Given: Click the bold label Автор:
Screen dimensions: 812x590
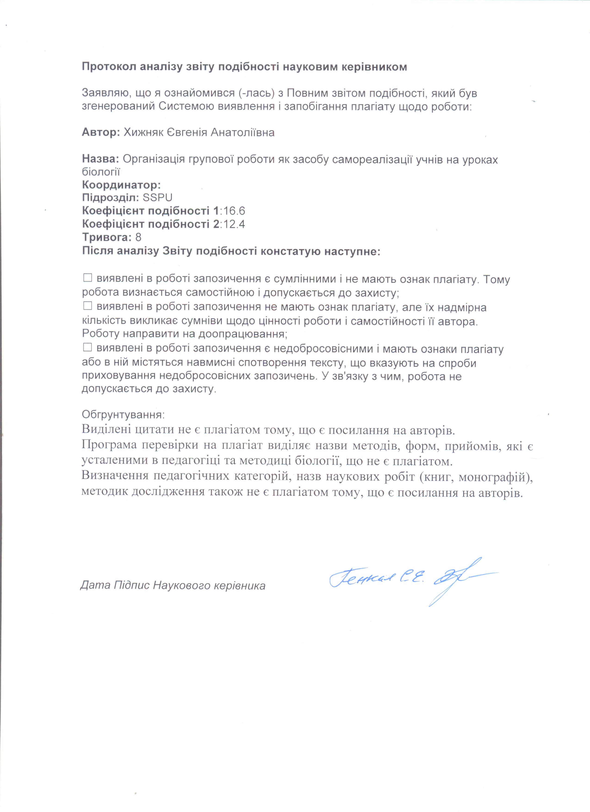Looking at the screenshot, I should pos(101,133).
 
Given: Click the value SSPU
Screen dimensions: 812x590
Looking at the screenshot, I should pos(158,198).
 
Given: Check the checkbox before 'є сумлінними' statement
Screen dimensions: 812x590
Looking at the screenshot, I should pos(87,278).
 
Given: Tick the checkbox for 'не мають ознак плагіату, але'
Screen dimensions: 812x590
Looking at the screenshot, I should pos(87,306).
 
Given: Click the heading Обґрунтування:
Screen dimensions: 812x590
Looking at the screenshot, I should pos(123,415).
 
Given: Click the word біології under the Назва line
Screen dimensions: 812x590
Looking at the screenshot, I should pos(101,172).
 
